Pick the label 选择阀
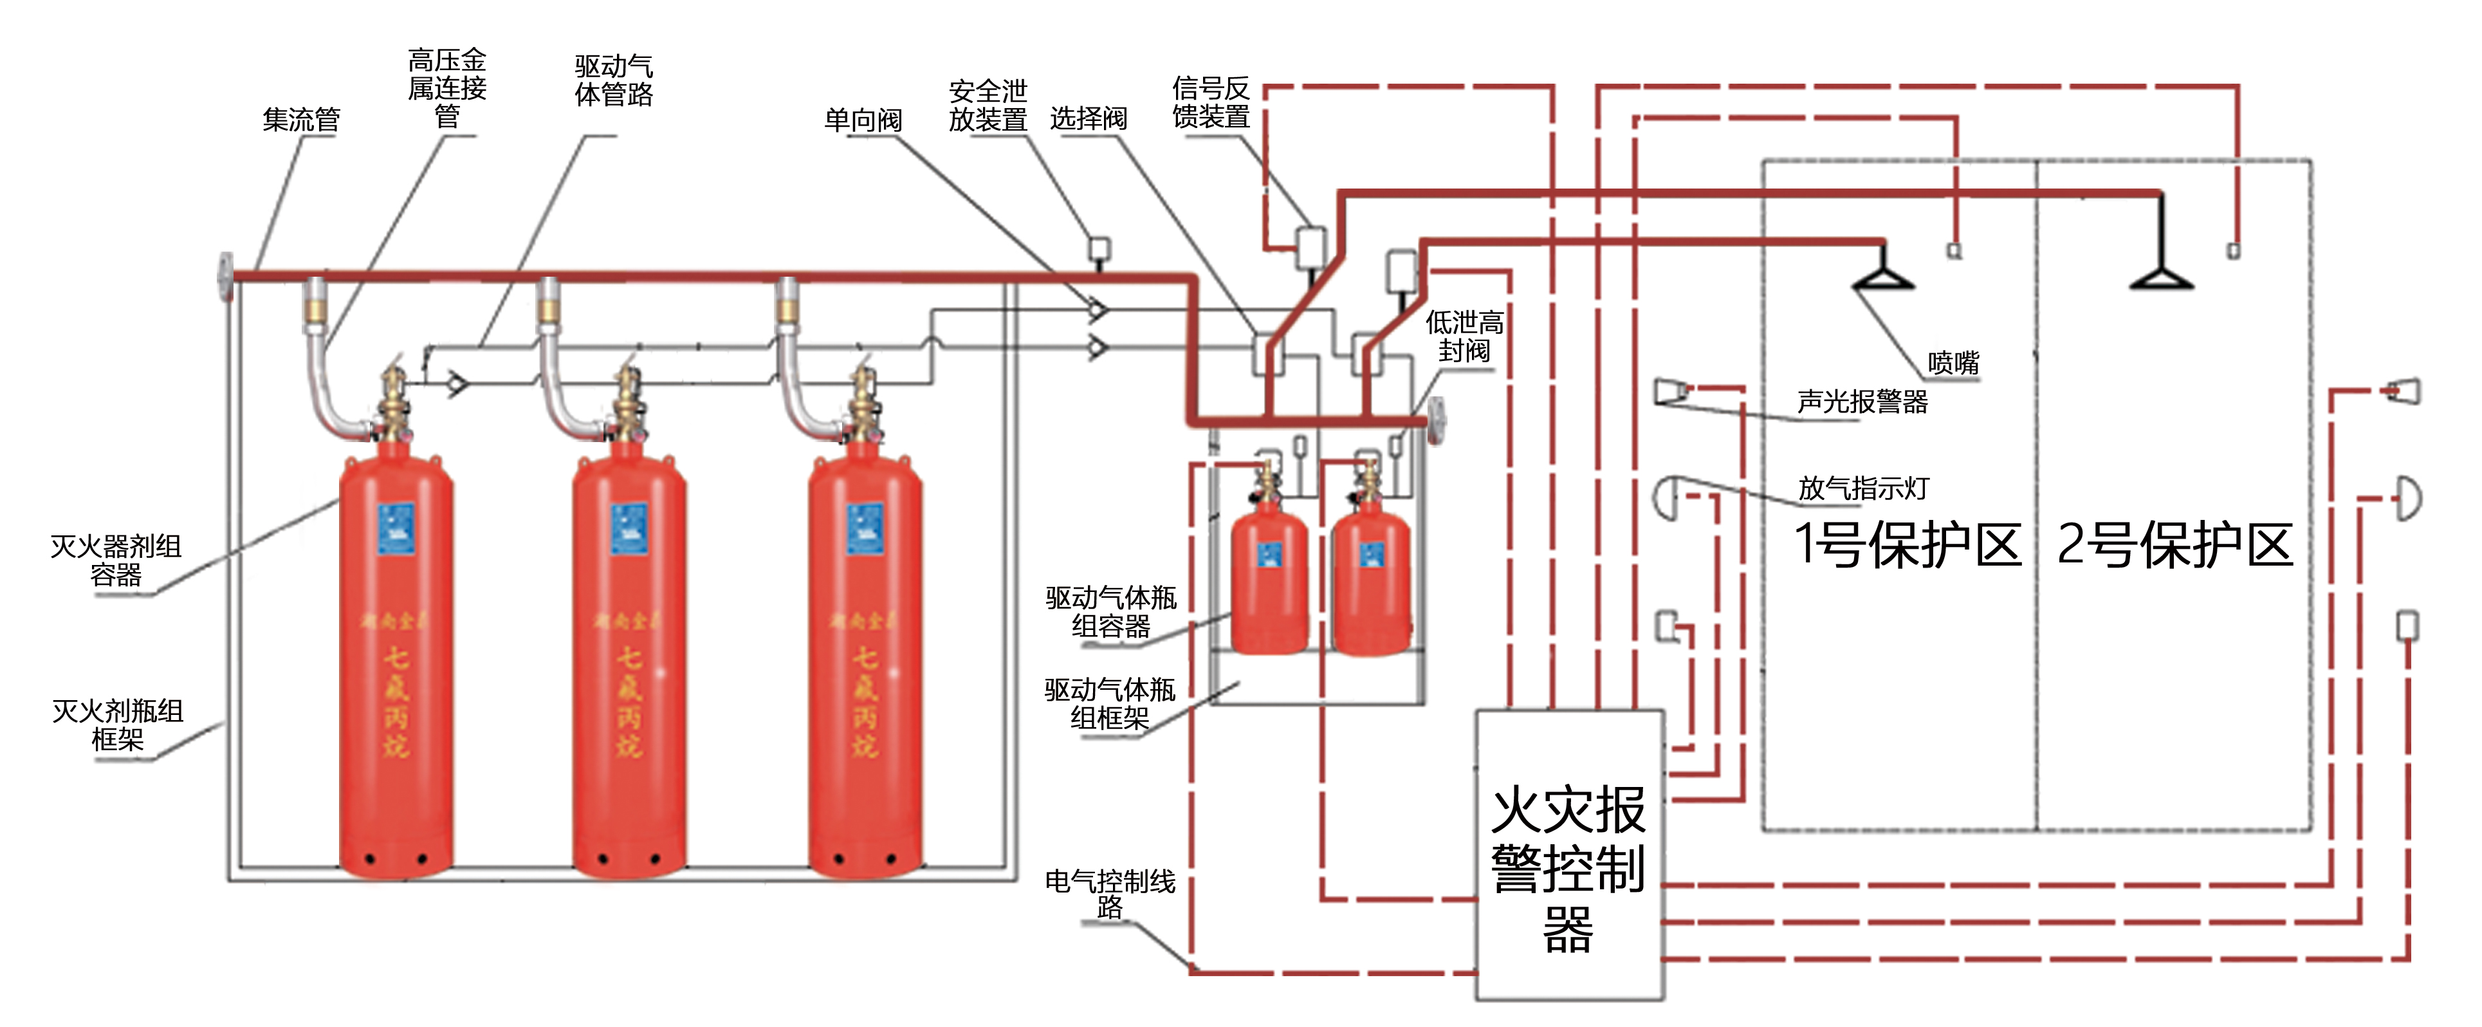click(x=1088, y=118)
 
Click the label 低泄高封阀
click(x=1464, y=337)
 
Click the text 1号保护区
click(x=1907, y=544)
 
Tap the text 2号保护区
click(x=2174, y=544)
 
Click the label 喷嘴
click(x=1953, y=363)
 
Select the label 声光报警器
click(x=1862, y=402)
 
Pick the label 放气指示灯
click(x=1862, y=488)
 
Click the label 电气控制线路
click(x=1109, y=894)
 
